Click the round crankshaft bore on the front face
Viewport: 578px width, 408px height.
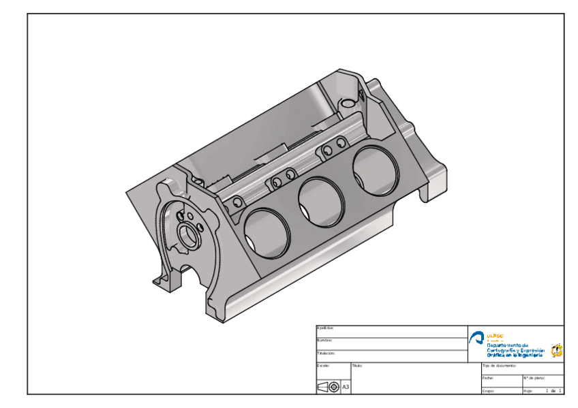click(188, 236)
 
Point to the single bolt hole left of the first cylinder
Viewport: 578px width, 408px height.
click(237, 203)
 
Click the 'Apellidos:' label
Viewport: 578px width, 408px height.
click(325, 328)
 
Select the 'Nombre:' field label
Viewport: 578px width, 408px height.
click(324, 340)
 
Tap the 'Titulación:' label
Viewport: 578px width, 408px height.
click(326, 354)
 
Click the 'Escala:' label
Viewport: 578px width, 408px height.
click(324, 366)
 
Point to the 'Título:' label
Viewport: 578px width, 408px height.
click(358, 366)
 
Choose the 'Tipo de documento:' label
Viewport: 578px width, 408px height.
click(499, 366)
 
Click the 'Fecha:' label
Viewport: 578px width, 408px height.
click(487, 377)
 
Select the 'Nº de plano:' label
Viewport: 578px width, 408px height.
click(532, 377)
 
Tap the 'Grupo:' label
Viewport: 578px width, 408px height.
click(488, 391)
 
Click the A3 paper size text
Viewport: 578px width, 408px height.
click(346, 387)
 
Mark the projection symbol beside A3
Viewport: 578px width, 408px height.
click(328, 387)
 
